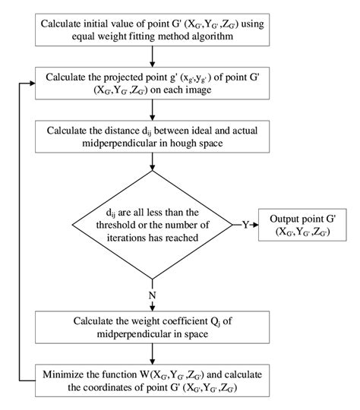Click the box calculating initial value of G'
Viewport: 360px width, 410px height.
coord(154,29)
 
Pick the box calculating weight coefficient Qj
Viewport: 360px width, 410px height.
coord(154,323)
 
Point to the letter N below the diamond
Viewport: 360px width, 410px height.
coord(154,293)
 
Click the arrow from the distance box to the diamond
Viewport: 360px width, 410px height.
coord(154,162)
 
